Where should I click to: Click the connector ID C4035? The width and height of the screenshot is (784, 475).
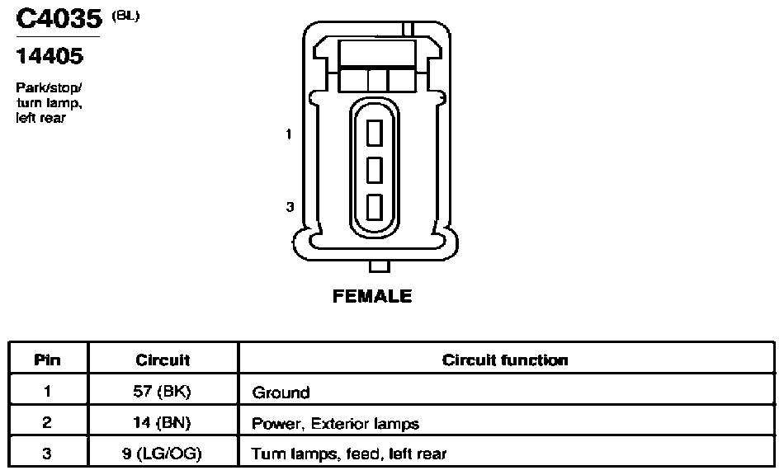point(59,19)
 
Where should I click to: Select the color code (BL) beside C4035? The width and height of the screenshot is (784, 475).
point(125,16)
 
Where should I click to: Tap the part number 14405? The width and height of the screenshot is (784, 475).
point(50,56)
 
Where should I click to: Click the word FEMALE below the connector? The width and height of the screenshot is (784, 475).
point(372,296)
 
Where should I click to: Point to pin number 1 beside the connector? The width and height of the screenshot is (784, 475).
point(289,134)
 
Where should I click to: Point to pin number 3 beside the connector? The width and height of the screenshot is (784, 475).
point(290,207)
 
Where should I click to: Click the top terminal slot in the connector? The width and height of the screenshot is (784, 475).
point(375,133)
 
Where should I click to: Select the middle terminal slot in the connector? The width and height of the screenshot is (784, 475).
point(375,170)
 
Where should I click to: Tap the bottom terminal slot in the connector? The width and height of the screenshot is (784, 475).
point(375,207)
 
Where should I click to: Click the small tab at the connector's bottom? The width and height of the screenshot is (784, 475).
point(379,266)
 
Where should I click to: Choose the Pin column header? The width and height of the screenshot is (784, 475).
point(48,360)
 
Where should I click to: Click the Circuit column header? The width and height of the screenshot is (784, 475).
point(163,360)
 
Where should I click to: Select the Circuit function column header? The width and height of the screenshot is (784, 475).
point(505,360)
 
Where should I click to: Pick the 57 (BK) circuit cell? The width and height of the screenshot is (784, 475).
point(162,392)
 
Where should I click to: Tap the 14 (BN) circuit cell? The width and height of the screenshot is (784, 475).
point(162,423)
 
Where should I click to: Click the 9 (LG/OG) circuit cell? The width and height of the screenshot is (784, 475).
point(162,454)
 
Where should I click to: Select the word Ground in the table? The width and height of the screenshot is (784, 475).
point(281,393)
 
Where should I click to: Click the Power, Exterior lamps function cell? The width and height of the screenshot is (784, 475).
point(336,424)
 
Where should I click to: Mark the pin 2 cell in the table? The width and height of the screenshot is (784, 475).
point(47,422)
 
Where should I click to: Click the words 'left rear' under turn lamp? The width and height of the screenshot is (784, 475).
point(41,118)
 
